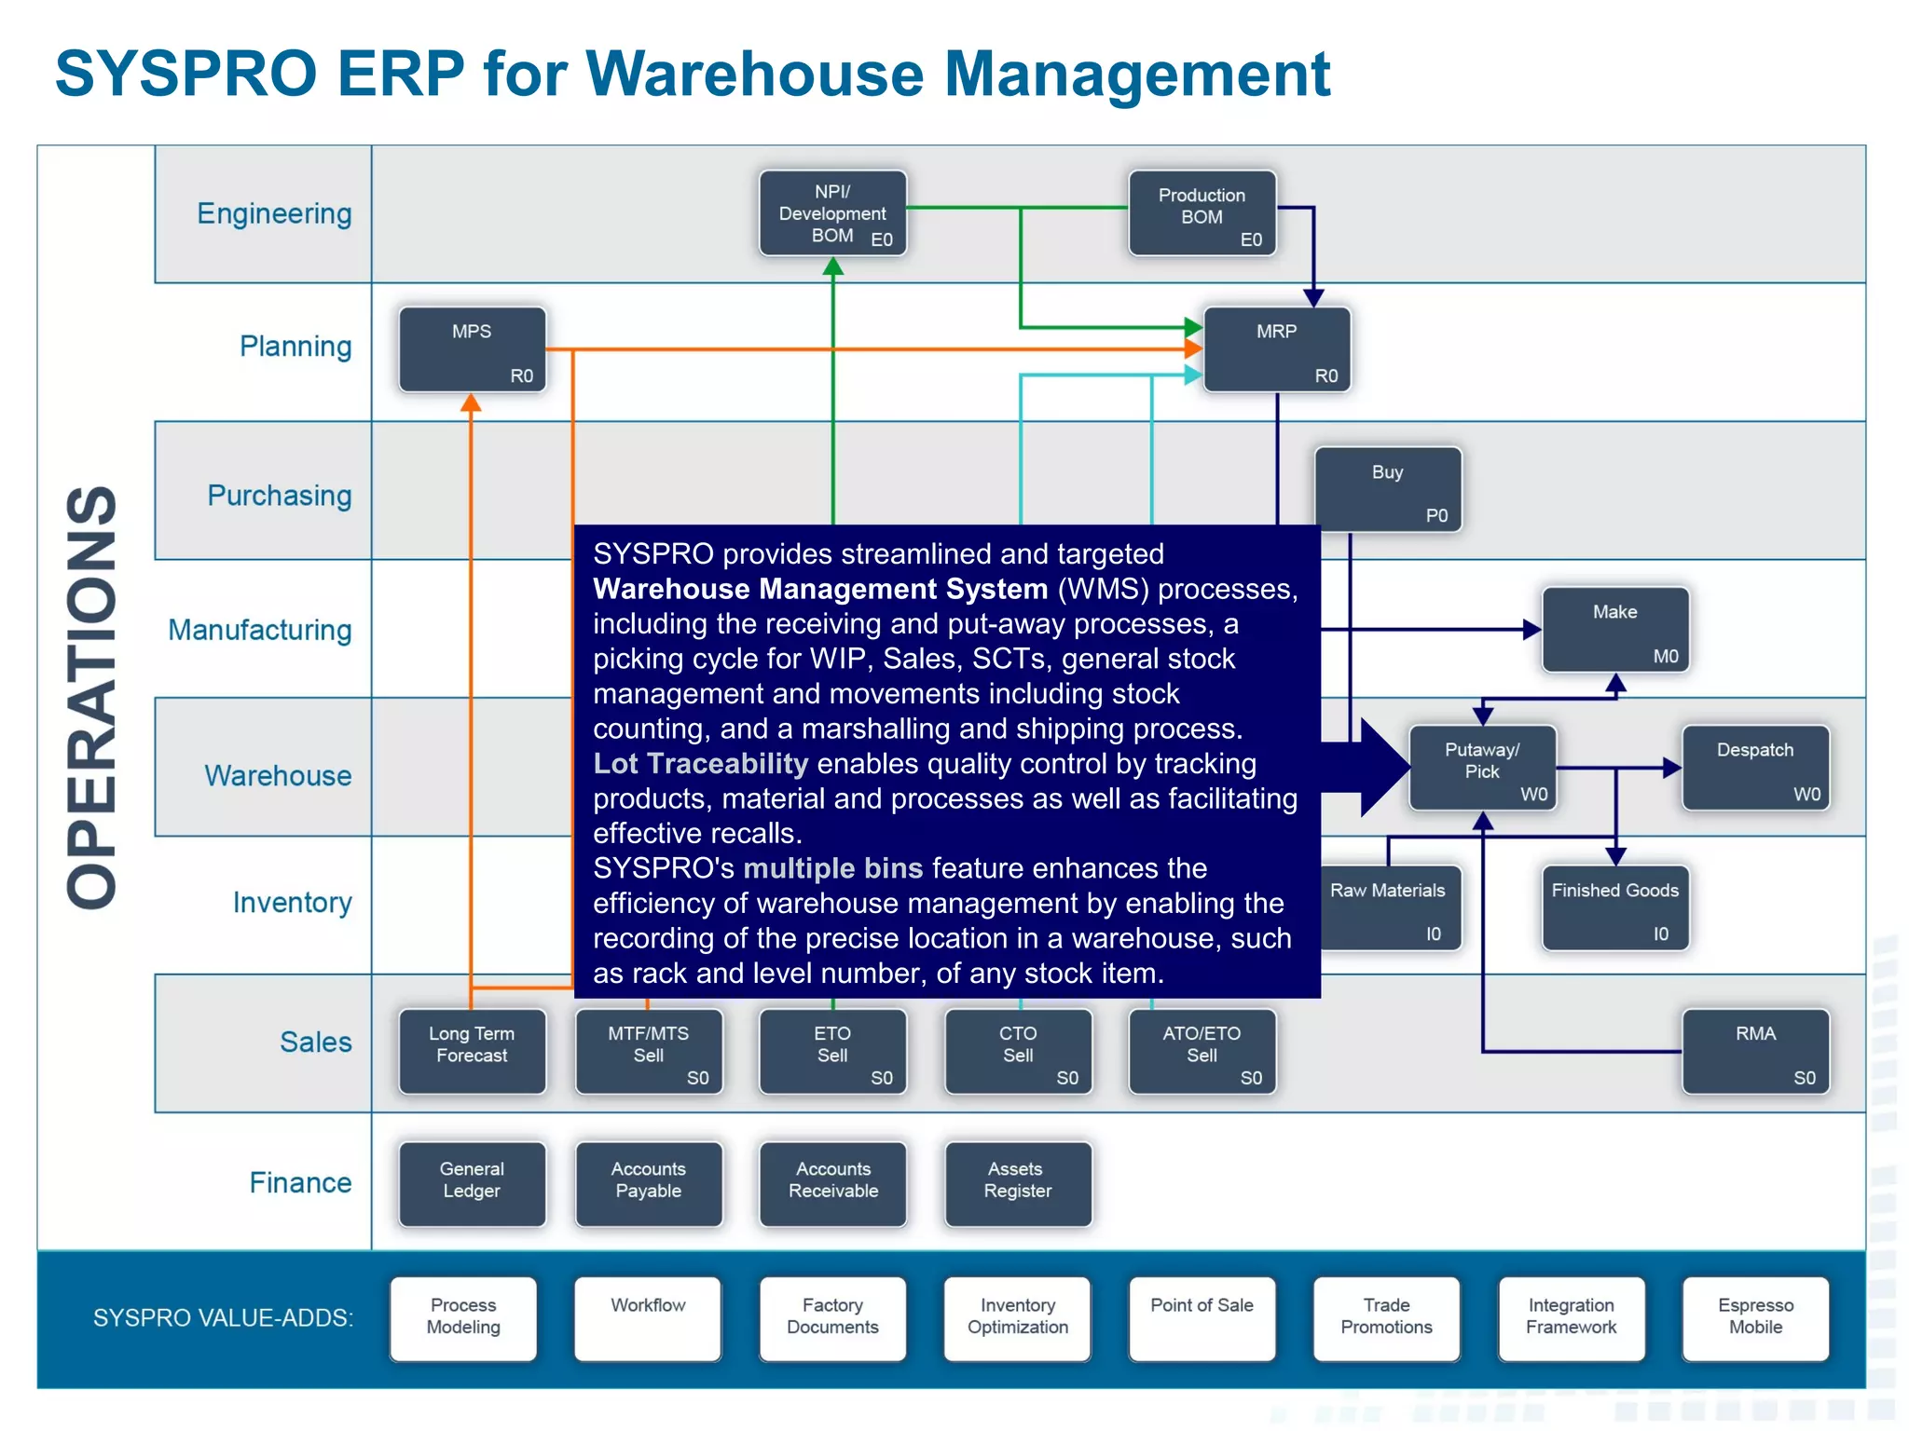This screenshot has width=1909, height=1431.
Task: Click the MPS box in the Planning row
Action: click(472, 350)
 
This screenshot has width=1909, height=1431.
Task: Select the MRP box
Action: click(1276, 350)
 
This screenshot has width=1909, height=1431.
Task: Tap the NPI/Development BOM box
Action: click(832, 213)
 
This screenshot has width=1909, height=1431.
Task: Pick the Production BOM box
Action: click(1202, 213)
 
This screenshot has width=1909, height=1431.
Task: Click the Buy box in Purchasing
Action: click(1388, 490)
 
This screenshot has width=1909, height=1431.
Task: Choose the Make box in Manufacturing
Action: click(1614, 630)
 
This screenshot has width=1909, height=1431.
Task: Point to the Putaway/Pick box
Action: click(1482, 769)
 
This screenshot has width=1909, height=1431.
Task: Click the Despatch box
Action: click(1755, 769)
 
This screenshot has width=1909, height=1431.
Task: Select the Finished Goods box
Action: click(1614, 908)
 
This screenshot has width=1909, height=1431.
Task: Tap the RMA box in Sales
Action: click(1755, 1052)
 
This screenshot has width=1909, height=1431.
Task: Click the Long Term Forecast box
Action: click(472, 1052)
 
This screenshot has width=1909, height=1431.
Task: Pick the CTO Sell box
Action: click(1018, 1052)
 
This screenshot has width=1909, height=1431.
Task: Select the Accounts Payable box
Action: click(648, 1184)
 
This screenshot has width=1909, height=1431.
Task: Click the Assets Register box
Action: click(1018, 1184)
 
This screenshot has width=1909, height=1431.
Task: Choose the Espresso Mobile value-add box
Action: click(1755, 1318)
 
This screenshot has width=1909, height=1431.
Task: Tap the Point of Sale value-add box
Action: click(1202, 1318)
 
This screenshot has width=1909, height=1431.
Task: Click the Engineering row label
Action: click(274, 214)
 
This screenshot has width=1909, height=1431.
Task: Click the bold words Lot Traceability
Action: click(701, 764)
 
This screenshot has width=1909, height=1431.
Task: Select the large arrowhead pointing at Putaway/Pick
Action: click(1381, 768)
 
